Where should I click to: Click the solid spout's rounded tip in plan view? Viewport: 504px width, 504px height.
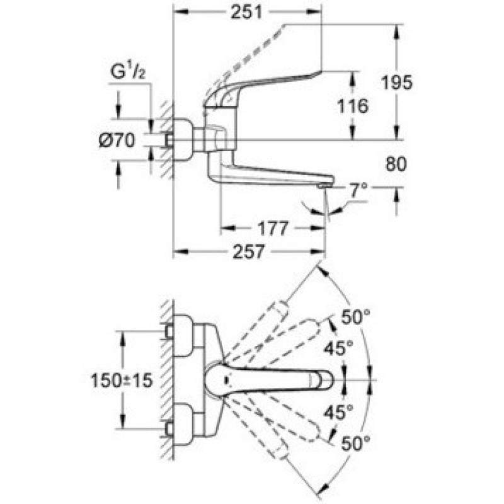click(324, 380)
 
